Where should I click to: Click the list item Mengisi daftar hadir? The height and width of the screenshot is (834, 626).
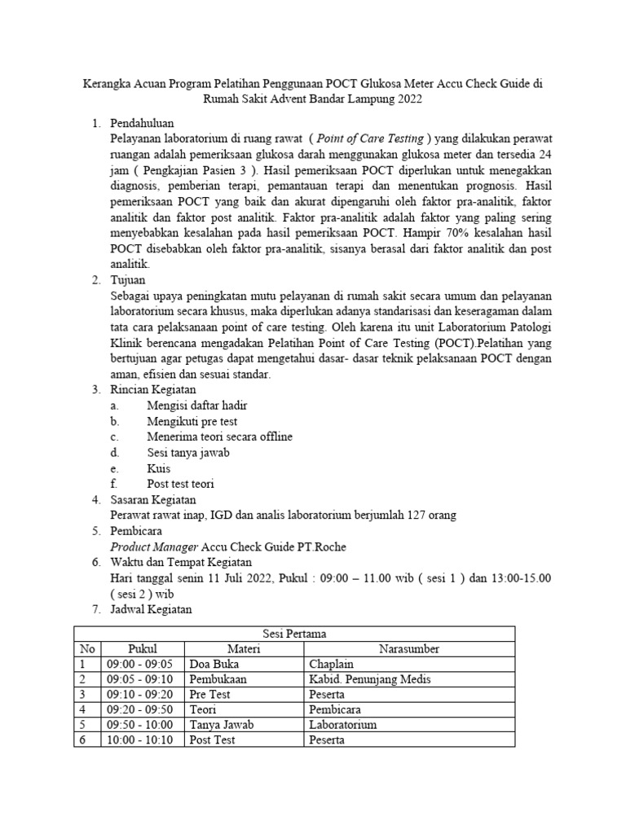point(196,405)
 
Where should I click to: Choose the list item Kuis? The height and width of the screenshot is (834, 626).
point(158,468)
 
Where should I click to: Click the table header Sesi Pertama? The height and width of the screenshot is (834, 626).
point(294,633)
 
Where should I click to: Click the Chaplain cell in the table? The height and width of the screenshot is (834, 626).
point(332,665)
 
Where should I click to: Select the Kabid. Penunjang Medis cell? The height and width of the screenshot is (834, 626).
point(368,679)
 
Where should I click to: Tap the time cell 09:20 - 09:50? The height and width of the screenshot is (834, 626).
point(141,709)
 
